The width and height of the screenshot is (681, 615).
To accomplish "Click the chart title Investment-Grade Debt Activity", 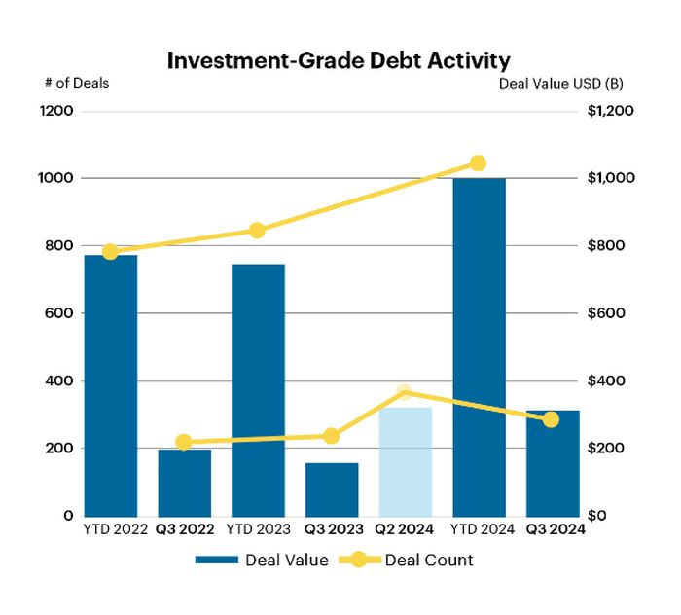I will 339,60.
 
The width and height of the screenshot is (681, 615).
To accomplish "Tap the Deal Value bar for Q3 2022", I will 185,483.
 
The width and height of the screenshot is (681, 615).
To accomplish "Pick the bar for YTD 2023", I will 258,389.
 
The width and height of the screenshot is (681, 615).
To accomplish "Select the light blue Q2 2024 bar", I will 405,461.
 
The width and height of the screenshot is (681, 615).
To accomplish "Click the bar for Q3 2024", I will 552,463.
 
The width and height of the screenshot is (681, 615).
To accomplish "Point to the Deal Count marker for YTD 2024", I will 478,163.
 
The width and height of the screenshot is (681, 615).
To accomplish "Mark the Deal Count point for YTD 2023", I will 257,231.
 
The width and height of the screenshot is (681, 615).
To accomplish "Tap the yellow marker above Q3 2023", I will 332,436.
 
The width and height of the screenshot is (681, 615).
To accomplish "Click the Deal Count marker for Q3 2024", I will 552,419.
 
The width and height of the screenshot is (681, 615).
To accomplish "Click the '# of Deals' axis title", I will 77,83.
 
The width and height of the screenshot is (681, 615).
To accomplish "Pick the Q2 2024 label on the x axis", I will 405,530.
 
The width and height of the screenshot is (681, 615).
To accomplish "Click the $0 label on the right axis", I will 597,516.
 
